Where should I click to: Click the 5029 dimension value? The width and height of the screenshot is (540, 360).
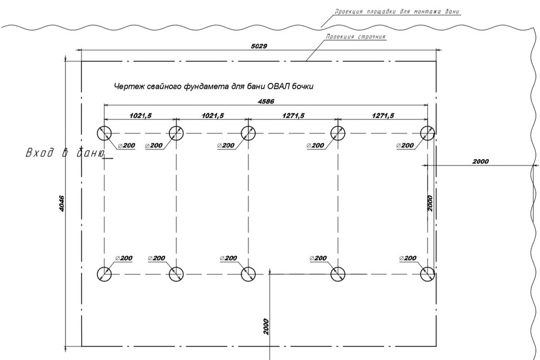tap(259, 46)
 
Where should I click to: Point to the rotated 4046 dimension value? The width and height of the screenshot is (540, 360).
tap(61, 204)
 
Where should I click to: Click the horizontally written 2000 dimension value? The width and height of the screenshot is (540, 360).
tap(480, 161)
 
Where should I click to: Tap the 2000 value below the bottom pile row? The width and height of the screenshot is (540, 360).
tap(265, 327)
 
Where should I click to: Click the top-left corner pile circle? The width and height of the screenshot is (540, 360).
tap(104, 133)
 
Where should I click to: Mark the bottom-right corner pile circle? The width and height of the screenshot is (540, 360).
tap(427, 274)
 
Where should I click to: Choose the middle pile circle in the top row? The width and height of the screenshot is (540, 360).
tap(248, 133)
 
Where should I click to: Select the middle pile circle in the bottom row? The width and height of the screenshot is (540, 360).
tap(248, 274)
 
